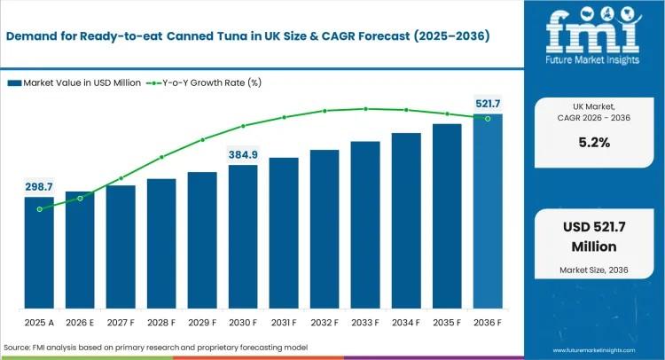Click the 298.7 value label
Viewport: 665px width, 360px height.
pos(39,186)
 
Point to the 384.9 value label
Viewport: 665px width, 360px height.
pos(243,154)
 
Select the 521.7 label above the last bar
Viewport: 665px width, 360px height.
pos(488,104)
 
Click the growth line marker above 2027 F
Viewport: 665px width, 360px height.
pos(121,178)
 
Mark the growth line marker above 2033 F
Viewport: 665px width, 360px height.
pos(365,109)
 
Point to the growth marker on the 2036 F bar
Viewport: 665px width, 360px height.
pos(488,118)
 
